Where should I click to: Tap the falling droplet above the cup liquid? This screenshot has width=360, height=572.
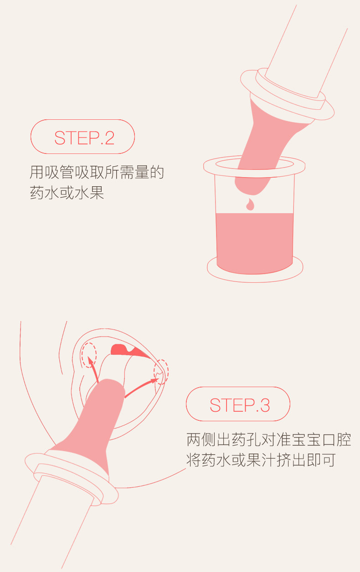tap(250, 204)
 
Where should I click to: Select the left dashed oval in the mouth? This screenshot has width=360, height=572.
tap(89, 355)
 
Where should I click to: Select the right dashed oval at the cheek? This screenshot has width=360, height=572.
tap(161, 372)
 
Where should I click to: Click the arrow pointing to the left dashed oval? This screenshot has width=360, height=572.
tap(93, 369)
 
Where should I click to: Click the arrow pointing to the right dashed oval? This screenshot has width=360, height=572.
tap(140, 388)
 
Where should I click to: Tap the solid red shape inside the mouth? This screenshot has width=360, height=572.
tap(128, 351)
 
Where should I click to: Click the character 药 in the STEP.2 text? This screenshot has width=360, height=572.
tap(37, 193)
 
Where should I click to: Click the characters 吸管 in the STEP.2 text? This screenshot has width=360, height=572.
tap(59, 172)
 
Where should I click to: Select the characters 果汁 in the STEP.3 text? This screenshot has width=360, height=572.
tap(261, 460)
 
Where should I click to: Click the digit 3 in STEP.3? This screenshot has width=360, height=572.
tap(265, 405)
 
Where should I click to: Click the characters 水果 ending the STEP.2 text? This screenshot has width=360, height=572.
tap(89, 193)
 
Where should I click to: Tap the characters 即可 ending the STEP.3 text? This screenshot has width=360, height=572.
tap(321, 460)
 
